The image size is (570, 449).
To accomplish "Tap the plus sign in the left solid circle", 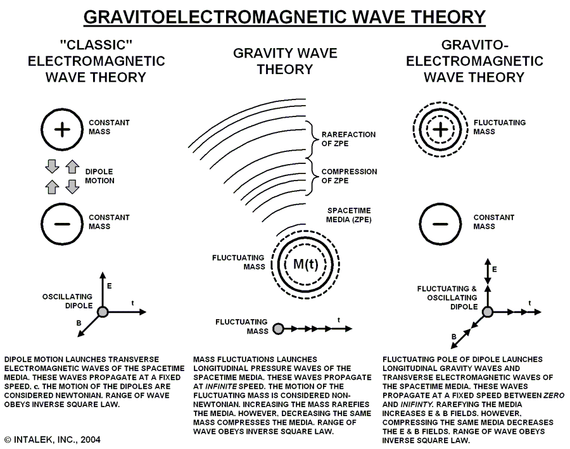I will point(62,130).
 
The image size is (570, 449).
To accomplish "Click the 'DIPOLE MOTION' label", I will point(101,176).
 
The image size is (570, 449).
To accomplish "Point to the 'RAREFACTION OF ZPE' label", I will point(348,139).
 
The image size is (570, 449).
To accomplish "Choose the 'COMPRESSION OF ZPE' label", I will point(349,175).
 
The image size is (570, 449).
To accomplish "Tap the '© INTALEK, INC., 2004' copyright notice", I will point(52,439).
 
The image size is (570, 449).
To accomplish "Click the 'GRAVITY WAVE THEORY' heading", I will point(284,61).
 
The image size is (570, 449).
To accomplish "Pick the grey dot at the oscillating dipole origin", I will point(103,311).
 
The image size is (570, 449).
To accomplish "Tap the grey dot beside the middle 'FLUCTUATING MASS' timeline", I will point(276,329).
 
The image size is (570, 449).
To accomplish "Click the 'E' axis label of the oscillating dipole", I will point(110,286).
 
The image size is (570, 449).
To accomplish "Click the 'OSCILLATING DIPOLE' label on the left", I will point(67,301).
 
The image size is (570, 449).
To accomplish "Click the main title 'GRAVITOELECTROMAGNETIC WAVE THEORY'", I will point(284,17).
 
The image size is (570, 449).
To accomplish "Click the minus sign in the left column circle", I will point(62,224).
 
